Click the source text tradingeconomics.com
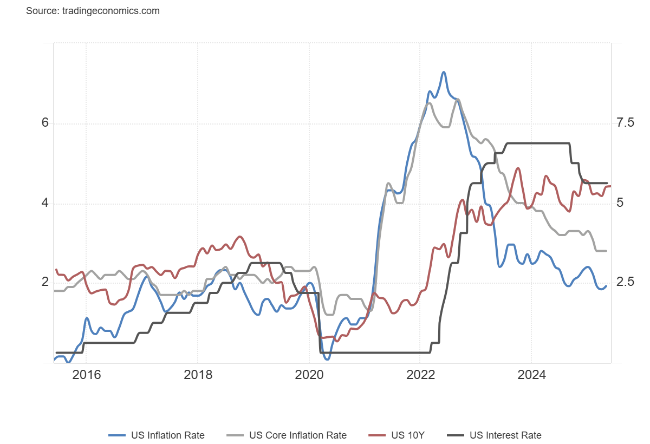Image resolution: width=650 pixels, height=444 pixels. [93, 11]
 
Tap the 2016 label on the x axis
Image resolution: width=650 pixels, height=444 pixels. [86, 375]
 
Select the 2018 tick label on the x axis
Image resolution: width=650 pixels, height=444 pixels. [198, 375]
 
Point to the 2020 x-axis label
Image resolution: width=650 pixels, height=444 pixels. [309, 375]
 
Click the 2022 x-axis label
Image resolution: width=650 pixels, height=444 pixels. [420, 375]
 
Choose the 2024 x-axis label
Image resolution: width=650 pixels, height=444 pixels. [531, 375]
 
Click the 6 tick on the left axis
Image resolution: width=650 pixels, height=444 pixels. [45, 123]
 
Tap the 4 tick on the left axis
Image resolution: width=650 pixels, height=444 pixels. [45, 204]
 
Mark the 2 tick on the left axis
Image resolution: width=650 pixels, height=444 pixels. [45, 283]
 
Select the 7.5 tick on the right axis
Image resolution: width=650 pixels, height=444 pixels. [625, 123]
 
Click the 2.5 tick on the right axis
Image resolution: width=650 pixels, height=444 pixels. [625, 283]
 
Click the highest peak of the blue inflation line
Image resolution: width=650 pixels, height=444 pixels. [444, 72]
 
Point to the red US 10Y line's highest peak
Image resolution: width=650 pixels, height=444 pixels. [518, 168]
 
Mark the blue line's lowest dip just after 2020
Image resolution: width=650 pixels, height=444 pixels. [326, 358]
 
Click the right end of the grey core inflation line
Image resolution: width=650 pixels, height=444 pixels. [606, 251]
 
